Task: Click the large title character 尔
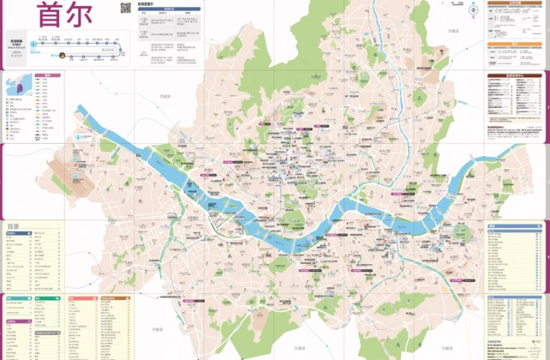coord(92,15)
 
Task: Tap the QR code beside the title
coord(126,8)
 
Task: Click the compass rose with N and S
coord(473,12)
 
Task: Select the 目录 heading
coord(14,227)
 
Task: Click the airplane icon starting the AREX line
coord(34,44)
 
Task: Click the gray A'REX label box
coord(16,41)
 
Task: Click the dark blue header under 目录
coord(33,234)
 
